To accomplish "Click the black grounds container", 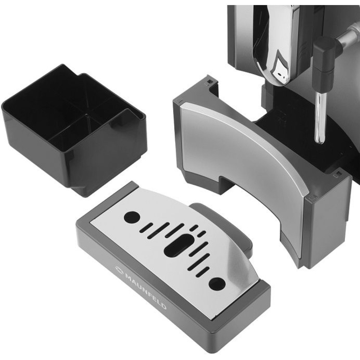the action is [73, 129].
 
